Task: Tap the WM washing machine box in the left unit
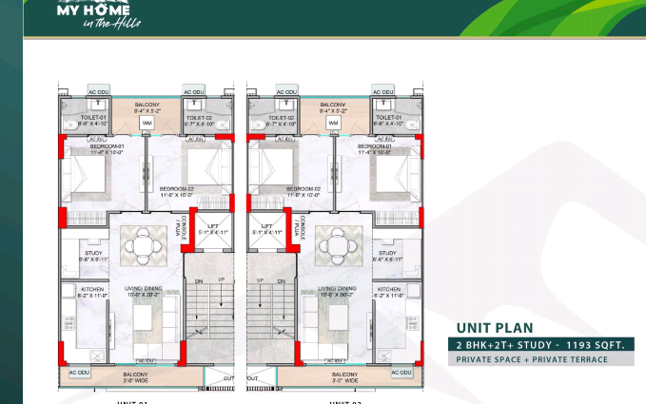point(147,124)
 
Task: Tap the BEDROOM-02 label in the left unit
point(177,189)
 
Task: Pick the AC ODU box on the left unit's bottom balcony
point(79,372)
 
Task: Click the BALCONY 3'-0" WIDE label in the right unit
point(331,377)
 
